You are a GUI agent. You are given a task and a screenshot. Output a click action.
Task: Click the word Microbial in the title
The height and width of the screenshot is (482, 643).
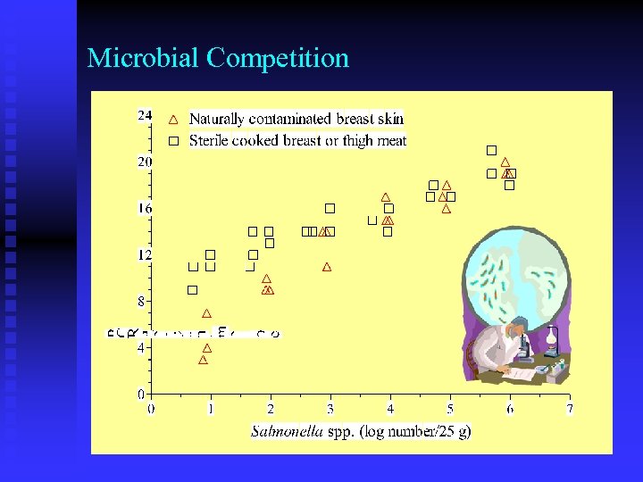144,59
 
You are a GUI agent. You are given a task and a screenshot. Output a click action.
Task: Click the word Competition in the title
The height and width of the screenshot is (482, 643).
278,59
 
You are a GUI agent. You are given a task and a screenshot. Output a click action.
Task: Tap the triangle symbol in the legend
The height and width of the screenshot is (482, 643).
174,119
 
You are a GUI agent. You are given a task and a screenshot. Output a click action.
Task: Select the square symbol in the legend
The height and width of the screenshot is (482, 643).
174,141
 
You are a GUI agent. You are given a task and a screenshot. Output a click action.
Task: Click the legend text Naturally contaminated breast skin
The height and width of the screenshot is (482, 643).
296,119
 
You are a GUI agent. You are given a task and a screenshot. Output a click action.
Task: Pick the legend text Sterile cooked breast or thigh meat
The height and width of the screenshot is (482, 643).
298,141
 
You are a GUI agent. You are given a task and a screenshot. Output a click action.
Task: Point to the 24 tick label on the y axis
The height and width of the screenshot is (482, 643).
144,115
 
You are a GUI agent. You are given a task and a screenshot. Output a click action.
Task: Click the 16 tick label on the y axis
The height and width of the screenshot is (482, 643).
144,208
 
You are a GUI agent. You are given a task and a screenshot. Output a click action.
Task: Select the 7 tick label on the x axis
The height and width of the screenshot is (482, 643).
569,410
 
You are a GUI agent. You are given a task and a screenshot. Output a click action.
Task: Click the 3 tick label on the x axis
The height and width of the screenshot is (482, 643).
330,410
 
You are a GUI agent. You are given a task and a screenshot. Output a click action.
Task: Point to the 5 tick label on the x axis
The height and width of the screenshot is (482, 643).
449,410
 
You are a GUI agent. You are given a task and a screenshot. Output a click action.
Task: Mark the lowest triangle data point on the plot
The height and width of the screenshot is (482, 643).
203,360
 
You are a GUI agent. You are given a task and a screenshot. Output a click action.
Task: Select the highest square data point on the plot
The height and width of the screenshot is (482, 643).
490,150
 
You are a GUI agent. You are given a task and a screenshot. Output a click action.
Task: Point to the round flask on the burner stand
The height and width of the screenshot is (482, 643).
553,337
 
